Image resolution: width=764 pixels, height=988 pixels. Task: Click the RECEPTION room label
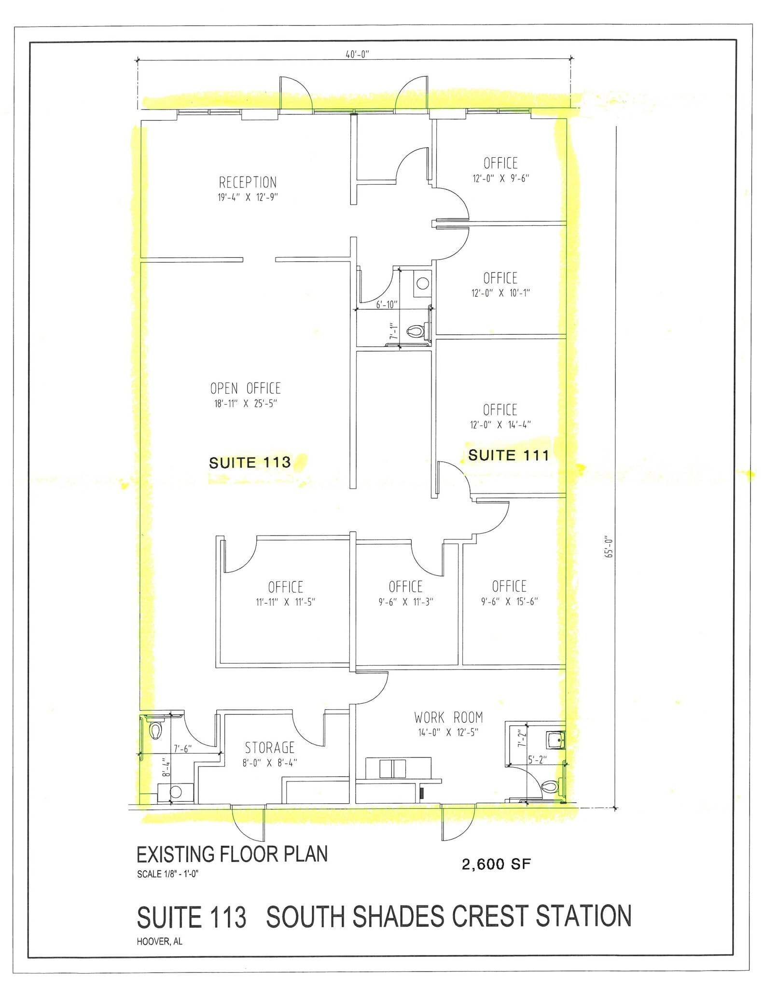(x=248, y=182)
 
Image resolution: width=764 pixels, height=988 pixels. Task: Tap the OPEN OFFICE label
(x=245, y=388)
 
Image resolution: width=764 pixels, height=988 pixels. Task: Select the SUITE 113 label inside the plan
(x=250, y=463)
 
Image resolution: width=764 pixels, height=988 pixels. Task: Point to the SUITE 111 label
(x=509, y=455)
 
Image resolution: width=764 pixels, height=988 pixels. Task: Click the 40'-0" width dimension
(x=357, y=55)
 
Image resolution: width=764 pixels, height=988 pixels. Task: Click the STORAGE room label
(x=270, y=748)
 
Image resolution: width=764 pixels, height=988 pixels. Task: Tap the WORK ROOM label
(x=448, y=717)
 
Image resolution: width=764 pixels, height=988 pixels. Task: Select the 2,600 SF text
(x=496, y=864)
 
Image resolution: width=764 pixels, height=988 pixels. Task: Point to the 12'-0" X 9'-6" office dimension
(x=500, y=178)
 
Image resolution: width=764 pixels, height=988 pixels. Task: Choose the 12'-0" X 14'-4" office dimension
(x=500, y=425)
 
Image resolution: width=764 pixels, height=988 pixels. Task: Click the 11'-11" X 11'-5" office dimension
(x=286, y=602)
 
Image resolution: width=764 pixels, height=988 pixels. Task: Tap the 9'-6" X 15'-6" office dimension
(x=509, y=602)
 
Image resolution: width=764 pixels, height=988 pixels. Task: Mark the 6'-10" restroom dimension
(x=387, y=304)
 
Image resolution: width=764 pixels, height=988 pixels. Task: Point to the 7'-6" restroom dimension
(x=183, y=749)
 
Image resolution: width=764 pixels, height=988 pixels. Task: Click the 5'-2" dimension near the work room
(x=537, y=760)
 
